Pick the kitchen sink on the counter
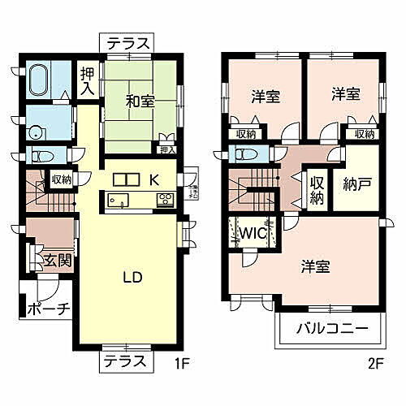(x=114, y=201)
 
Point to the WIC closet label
(x=248, y=231)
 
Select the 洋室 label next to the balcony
(x=316, y=266)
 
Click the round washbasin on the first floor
(x=36, y=132)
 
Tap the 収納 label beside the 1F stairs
(x=61, y=180)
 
